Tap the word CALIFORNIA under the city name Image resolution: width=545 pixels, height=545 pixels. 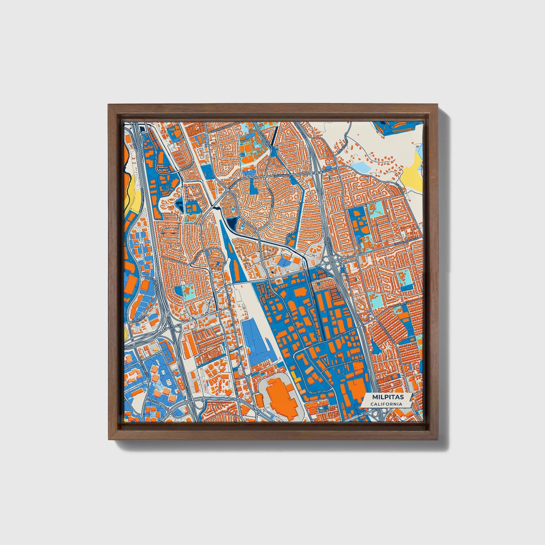[x=386, y=404]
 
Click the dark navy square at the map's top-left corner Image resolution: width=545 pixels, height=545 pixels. [x=142, y=129]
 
